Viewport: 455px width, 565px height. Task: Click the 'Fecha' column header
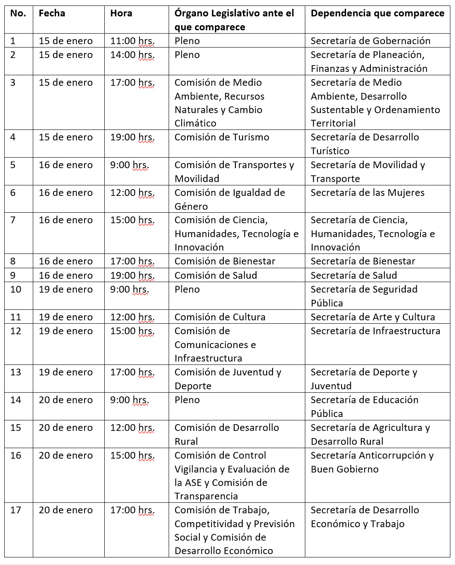click(52, 13)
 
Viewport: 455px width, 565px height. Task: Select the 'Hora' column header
click(121, 13)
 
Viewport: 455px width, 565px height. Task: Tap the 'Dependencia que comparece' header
click(377, 13)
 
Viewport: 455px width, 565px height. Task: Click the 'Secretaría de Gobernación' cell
click(370, 41)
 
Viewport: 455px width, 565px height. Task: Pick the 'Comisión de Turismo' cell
click(222, 137)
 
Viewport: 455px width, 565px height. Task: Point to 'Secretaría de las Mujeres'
click(368, 193)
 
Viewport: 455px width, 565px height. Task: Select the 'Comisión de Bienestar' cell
click(225, 261)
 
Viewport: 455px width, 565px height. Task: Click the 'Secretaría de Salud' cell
click(354, 275)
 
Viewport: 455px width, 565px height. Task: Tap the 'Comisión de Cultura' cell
click(220, 317)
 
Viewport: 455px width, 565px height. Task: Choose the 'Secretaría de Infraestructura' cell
click(375, 331)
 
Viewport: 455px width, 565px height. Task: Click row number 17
click(16, 510)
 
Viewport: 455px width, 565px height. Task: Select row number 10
click(16, 289)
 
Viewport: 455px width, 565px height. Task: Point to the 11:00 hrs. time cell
click(132, 41)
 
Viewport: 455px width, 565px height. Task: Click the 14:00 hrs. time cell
click(132, 55)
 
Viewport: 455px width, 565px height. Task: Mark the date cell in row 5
click(66, 165)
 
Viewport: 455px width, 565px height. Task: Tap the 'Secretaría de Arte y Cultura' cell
click(373, 317)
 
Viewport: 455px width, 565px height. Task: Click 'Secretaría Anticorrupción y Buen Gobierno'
click(372, 462)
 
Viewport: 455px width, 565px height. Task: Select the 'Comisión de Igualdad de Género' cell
click(230, 199)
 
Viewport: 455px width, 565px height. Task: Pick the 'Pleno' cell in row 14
click(187, 400)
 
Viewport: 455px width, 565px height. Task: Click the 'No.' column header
click(18, 13)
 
